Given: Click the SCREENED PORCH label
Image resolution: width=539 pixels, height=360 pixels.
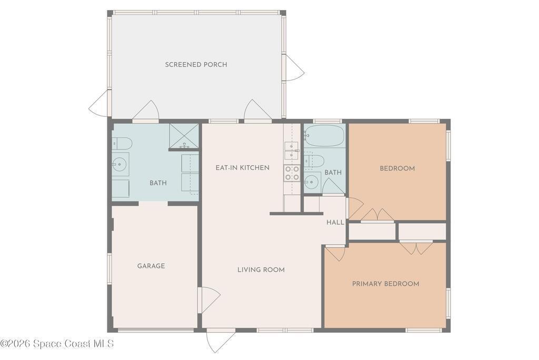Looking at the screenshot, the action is click(196, 65).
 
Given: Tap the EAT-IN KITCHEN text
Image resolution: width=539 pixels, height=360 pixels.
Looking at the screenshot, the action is click(242, 168).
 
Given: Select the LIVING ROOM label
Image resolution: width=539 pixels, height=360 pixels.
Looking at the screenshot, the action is click(261, 270).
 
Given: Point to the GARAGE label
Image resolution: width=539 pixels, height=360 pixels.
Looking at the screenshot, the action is click(151, 266).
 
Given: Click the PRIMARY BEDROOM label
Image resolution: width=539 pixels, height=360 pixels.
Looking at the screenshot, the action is click(385, 284).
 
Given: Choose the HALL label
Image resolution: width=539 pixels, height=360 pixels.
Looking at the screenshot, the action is click(335, 223).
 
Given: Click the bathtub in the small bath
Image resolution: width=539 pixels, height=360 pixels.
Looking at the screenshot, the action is click(324, 135).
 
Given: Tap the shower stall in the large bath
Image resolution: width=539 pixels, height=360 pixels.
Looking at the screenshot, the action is click(184, 136).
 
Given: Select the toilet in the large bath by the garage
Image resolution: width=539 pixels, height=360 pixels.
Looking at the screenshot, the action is click(122, 143).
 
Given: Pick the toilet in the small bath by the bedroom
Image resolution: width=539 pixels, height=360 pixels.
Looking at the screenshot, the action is click(314, 161).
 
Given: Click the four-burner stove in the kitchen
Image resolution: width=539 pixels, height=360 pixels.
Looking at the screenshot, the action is click(292, 173).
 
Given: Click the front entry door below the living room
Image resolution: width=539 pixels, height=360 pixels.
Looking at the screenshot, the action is click(221, 341).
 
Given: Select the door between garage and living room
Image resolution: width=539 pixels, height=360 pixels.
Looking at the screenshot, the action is click(208, 300).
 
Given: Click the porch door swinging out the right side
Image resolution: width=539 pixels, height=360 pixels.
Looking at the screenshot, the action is click(293, 68).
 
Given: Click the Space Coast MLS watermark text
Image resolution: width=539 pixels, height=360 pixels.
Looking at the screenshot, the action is click(57, 343).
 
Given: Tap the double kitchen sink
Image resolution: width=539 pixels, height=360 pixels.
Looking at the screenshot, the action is click(292, 151).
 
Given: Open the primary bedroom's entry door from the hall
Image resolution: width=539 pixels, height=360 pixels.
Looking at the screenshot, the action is click(335, 253).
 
